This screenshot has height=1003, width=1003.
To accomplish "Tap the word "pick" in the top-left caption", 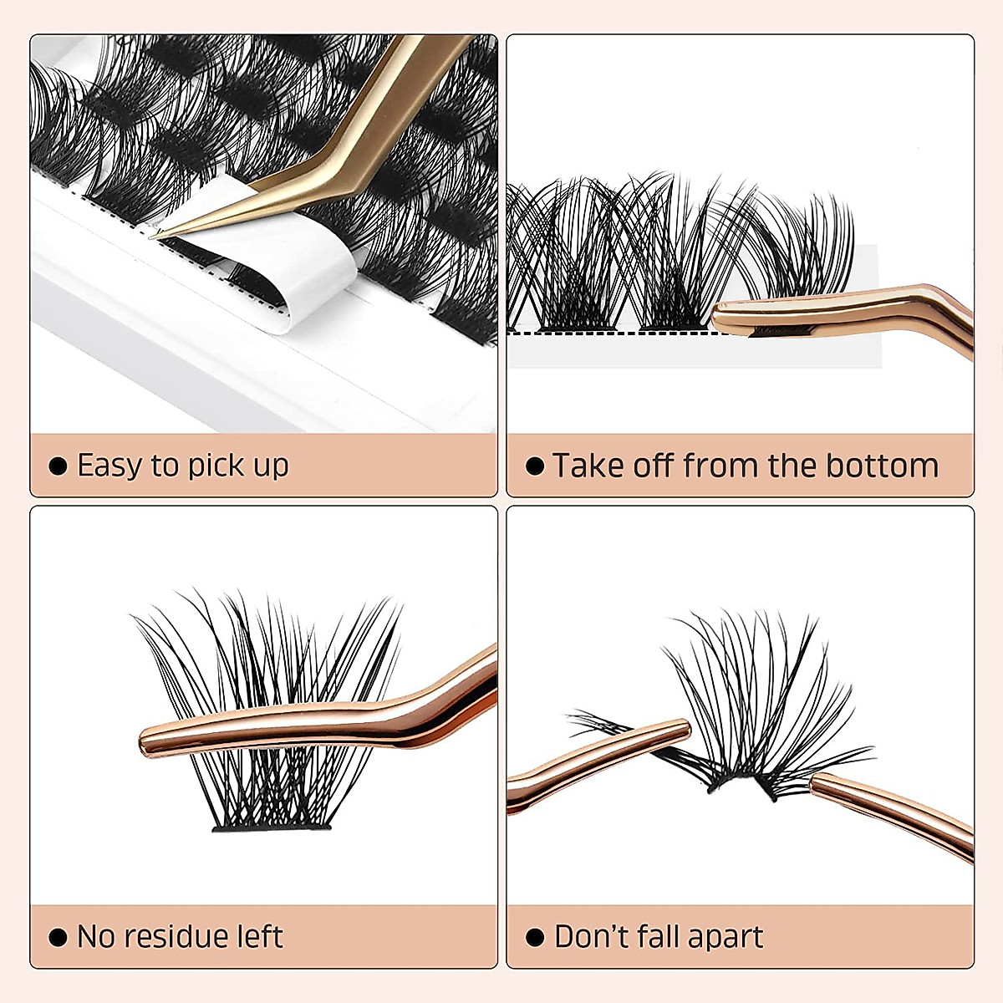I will (x=216, y=466).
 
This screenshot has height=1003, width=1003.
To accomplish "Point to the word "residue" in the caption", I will (x=172, y=936).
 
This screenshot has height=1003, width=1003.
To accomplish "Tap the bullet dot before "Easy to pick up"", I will (x=58, y=466).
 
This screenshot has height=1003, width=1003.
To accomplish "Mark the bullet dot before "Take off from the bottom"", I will (x=535, y=466).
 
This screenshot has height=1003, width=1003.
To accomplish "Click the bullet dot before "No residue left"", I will (x=58, y=937).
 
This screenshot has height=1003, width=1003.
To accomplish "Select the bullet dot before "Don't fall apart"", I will (x=535, y=937).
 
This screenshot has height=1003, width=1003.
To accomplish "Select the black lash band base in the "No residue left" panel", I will (x=272, y=827).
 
